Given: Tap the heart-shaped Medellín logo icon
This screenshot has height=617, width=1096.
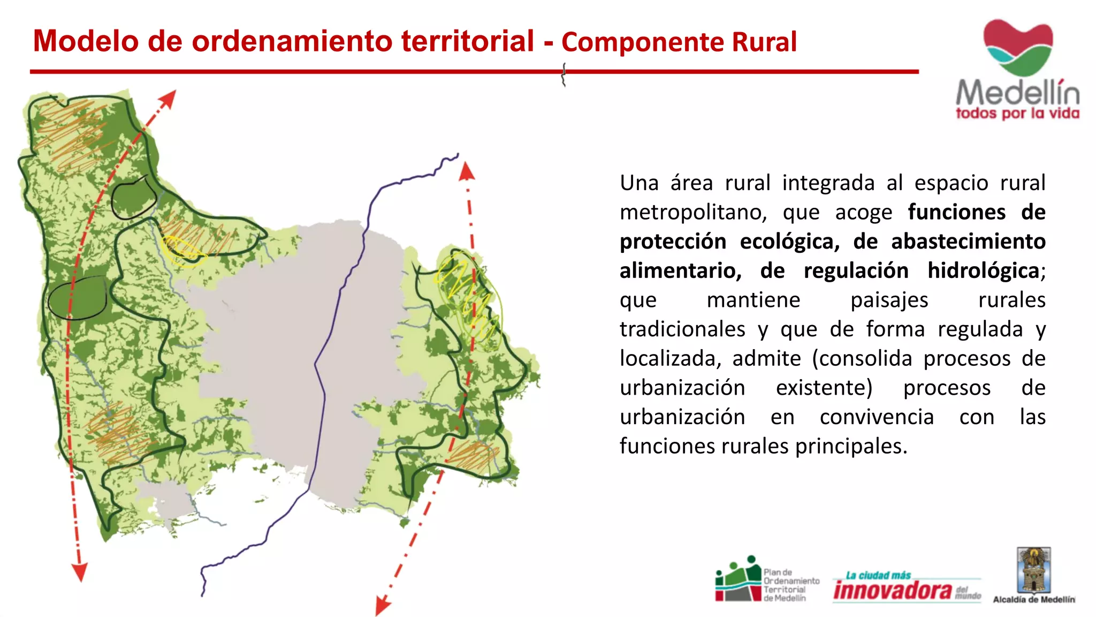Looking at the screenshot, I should point(1018,47).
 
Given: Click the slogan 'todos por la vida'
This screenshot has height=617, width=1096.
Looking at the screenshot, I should point(1017,114).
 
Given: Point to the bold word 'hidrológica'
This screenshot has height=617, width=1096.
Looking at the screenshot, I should point(983,270).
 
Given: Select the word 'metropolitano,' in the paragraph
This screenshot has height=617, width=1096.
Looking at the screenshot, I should point(693,212).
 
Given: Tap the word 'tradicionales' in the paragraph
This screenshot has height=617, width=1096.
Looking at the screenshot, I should point(682,329).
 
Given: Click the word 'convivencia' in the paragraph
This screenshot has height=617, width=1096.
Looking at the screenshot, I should point(877,417).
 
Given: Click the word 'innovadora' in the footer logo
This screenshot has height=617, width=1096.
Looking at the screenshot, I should point(893,590).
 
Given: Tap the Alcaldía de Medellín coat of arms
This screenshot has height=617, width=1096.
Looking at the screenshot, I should point(1034,570).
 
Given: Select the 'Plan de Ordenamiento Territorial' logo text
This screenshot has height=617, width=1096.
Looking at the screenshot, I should point(791,585).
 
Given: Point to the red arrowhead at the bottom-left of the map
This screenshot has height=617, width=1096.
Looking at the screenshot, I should point(80,573).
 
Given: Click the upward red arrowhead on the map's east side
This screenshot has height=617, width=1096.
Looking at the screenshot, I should point(467,171).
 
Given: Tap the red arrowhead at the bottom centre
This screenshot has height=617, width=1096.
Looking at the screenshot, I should point(383,606).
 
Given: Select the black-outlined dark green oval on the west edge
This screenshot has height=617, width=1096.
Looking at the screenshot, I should point(78,299).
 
